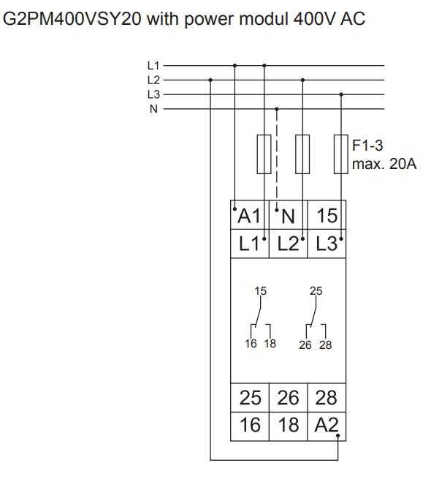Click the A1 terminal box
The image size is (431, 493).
click(x=250, y=215)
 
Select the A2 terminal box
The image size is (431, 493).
click(x=327, y=426)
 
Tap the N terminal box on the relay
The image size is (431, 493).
click(x=288, y=215)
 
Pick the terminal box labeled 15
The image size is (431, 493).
click(x=327, y=215)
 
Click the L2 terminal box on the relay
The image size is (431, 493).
click(x=288, y=244)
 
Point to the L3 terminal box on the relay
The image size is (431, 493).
click(x=327, y=244)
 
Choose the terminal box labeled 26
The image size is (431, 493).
click(x=288, y=398)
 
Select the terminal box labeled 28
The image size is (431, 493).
click(x=327, y=398)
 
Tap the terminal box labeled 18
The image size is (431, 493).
click(x=288, y=426)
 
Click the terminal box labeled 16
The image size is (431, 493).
click(x=250, y=426)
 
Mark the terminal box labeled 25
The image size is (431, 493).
click(x=250, y=398)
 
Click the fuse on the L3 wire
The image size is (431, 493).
click(x=341, y=154)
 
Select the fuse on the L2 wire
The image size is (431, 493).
click(x=302, y=154)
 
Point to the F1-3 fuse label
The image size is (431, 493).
click(x=367, y=146)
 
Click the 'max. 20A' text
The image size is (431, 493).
click(x=384, y=164)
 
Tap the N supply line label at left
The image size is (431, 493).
click(x=153, y=109)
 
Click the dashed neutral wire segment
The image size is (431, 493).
click(x=277, y=159)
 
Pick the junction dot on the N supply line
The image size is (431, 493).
click(x=277, y=109)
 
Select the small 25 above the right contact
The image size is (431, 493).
click(x=316, y=291)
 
